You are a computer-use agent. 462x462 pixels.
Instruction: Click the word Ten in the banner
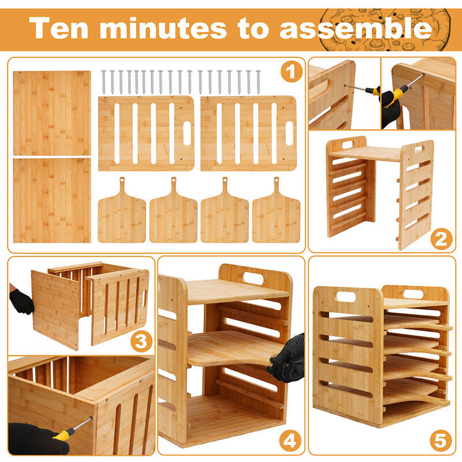click(59, 28)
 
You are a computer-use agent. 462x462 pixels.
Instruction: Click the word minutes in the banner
click(163, 28)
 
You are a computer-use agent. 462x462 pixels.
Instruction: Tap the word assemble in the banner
click(356, 28)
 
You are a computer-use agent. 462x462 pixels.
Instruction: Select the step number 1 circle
click(291, 72)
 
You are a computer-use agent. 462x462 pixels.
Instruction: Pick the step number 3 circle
click(141, 341)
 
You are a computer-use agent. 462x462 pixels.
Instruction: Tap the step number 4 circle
click(290, 441)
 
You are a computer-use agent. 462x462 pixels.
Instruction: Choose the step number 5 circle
click(441, 441)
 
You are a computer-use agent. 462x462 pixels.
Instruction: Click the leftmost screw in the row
click(103, 82)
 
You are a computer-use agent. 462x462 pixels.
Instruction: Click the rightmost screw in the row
click(258, 82)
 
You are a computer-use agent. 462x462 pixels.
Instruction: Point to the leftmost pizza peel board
click(122, 210)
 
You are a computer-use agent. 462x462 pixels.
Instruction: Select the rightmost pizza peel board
click(276, 210)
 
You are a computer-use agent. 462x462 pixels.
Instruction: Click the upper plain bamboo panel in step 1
click(52, 113)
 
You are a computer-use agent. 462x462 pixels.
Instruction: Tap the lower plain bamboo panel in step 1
click(52, 200)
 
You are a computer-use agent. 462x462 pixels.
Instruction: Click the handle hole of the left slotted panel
click(187, 133)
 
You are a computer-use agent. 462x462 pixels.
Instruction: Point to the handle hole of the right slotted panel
click(290, 133)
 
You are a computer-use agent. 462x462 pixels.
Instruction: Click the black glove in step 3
click(21, 301)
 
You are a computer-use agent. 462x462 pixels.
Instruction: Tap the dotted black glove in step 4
click(289, 359)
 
